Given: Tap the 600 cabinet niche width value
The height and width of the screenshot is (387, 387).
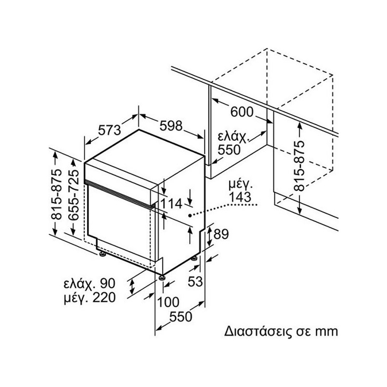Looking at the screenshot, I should (x=242, y=112).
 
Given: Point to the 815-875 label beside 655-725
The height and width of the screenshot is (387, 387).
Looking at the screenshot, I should (x=57, y=194).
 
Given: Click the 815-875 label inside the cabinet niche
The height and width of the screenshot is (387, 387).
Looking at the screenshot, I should (x=300, y=165).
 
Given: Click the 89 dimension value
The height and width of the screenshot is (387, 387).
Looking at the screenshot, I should (x=221, y=235).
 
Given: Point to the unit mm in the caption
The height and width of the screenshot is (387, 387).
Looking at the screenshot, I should (x=324, y=332).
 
